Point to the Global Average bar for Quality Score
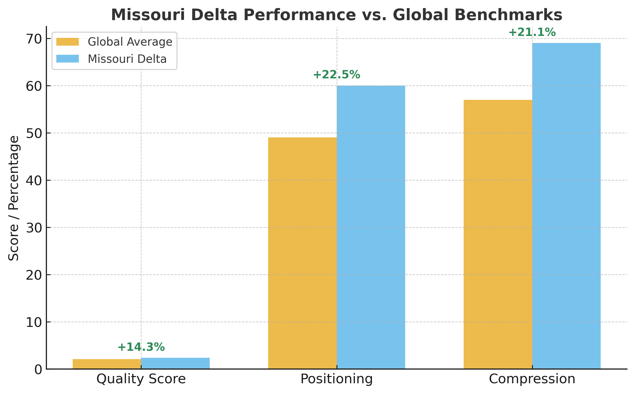click(107, 364)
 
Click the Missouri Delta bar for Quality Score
click(175, 363)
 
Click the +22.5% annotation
click(337, 75)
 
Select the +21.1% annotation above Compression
click(532, 32)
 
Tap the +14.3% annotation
click(141, 347)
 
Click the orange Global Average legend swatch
click(68, 42)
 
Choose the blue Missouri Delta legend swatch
click(68, 59)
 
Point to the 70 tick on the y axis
click(34, 39)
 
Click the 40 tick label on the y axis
click(34, 181)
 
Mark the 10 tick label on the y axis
click(34, 322)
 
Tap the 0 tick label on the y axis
click(38, 370)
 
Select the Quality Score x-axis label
click(141, 379)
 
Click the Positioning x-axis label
click(337, 379)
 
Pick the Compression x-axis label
click(532, 379)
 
